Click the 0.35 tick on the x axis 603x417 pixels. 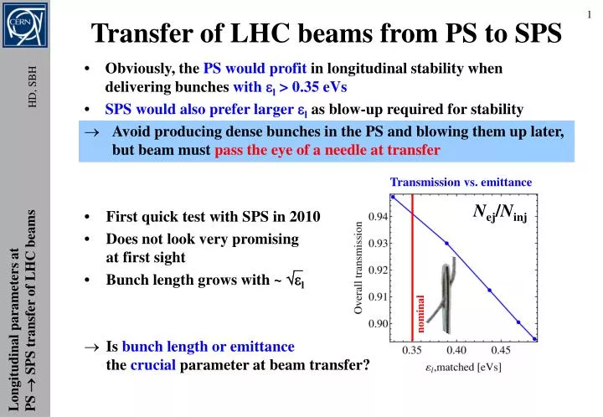[413, 349]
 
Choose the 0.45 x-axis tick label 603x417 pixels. [500, 349]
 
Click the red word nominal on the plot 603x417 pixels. [423, 312]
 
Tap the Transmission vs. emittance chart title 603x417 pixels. [461, 182]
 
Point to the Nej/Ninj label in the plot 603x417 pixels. [500, 216]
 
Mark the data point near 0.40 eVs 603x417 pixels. [446, 244]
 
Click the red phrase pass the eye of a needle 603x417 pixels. [327, 151]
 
